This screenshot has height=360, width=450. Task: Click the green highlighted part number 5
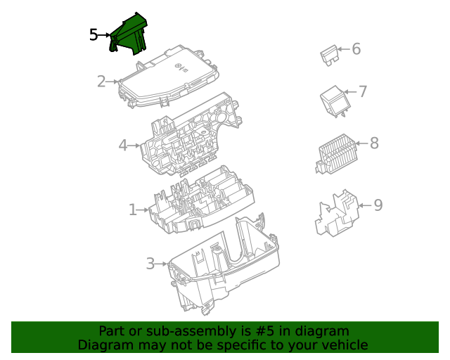pos(129,35)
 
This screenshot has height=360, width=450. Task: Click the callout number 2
pos(101,82)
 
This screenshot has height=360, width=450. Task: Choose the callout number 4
pos(123,146)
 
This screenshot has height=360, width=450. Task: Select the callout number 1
pos(132,210)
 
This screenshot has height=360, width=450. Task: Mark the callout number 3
pos(150,264)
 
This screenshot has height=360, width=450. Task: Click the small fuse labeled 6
pos(328,54)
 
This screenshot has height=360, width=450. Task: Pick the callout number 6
pos(356,49)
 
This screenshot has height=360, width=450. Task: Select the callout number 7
pos(363,91)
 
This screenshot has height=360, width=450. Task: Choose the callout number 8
pos(374,143)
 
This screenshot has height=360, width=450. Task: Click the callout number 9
pos(378,205)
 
